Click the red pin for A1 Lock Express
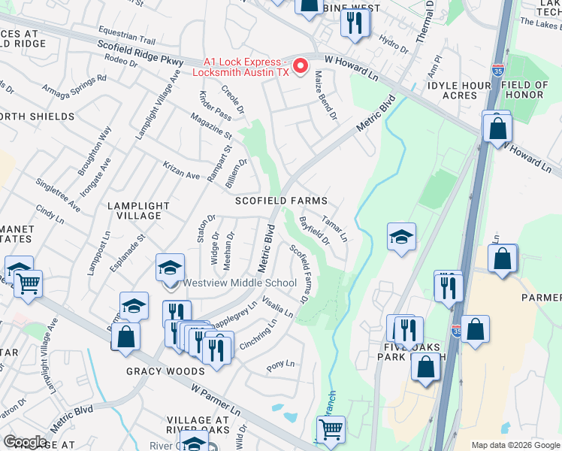point(301,66)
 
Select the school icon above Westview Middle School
point(171,267)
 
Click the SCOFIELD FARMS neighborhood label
point(281,201)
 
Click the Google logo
point(26,442)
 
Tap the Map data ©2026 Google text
point(515,445)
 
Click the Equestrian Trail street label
point(126,38)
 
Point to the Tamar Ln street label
point(334,229)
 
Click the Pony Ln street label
point(281,366)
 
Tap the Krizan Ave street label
point(181,170)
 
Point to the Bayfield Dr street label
point(314,231)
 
